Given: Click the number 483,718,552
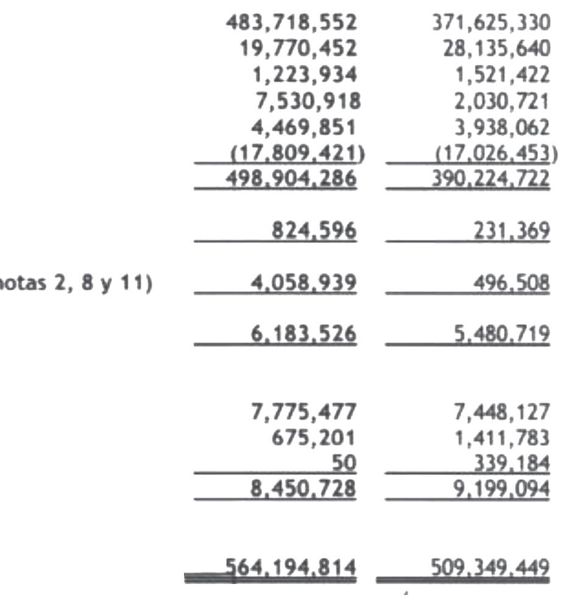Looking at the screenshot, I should click(x=291, y=23).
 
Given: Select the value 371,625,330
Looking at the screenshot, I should click(x=491, y=23).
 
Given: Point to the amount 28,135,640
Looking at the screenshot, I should click(x=496, y=49).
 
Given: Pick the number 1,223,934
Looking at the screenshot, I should click(x=304, y=75).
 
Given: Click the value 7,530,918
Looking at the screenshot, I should click(x=306, y=101).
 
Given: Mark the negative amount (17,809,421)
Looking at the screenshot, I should click(x=297, y=154).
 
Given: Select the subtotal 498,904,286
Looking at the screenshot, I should click(x=291, y=179).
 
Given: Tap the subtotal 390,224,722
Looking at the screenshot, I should click(x=491, y=179).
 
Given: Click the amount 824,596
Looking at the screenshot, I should click(x=314, y=231).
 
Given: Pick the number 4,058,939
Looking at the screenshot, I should click(x=304, y=284).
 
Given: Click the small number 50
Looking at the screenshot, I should click(x=343, y=464).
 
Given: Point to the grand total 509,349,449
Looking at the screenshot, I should click(x=491, y=568).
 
